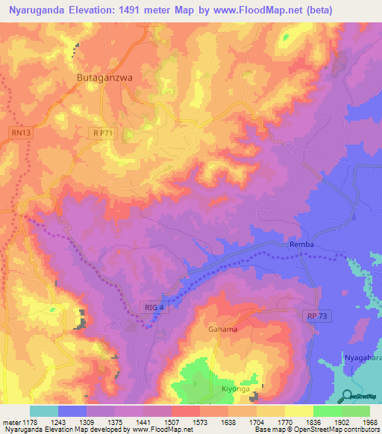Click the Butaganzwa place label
104,76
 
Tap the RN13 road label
20,132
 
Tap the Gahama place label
223,330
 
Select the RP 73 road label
316,316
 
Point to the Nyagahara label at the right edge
363,359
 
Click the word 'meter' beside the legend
10,422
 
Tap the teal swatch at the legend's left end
43,411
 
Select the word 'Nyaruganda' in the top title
37,10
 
